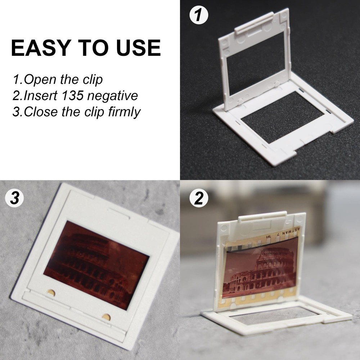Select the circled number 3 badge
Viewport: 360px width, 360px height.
pyautogui.click(x=15, y=199)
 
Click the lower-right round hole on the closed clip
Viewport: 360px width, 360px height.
pyautogui.click(x=106, y=317)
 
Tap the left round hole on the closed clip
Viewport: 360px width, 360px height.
pyautogui.click(x=51, y=292)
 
